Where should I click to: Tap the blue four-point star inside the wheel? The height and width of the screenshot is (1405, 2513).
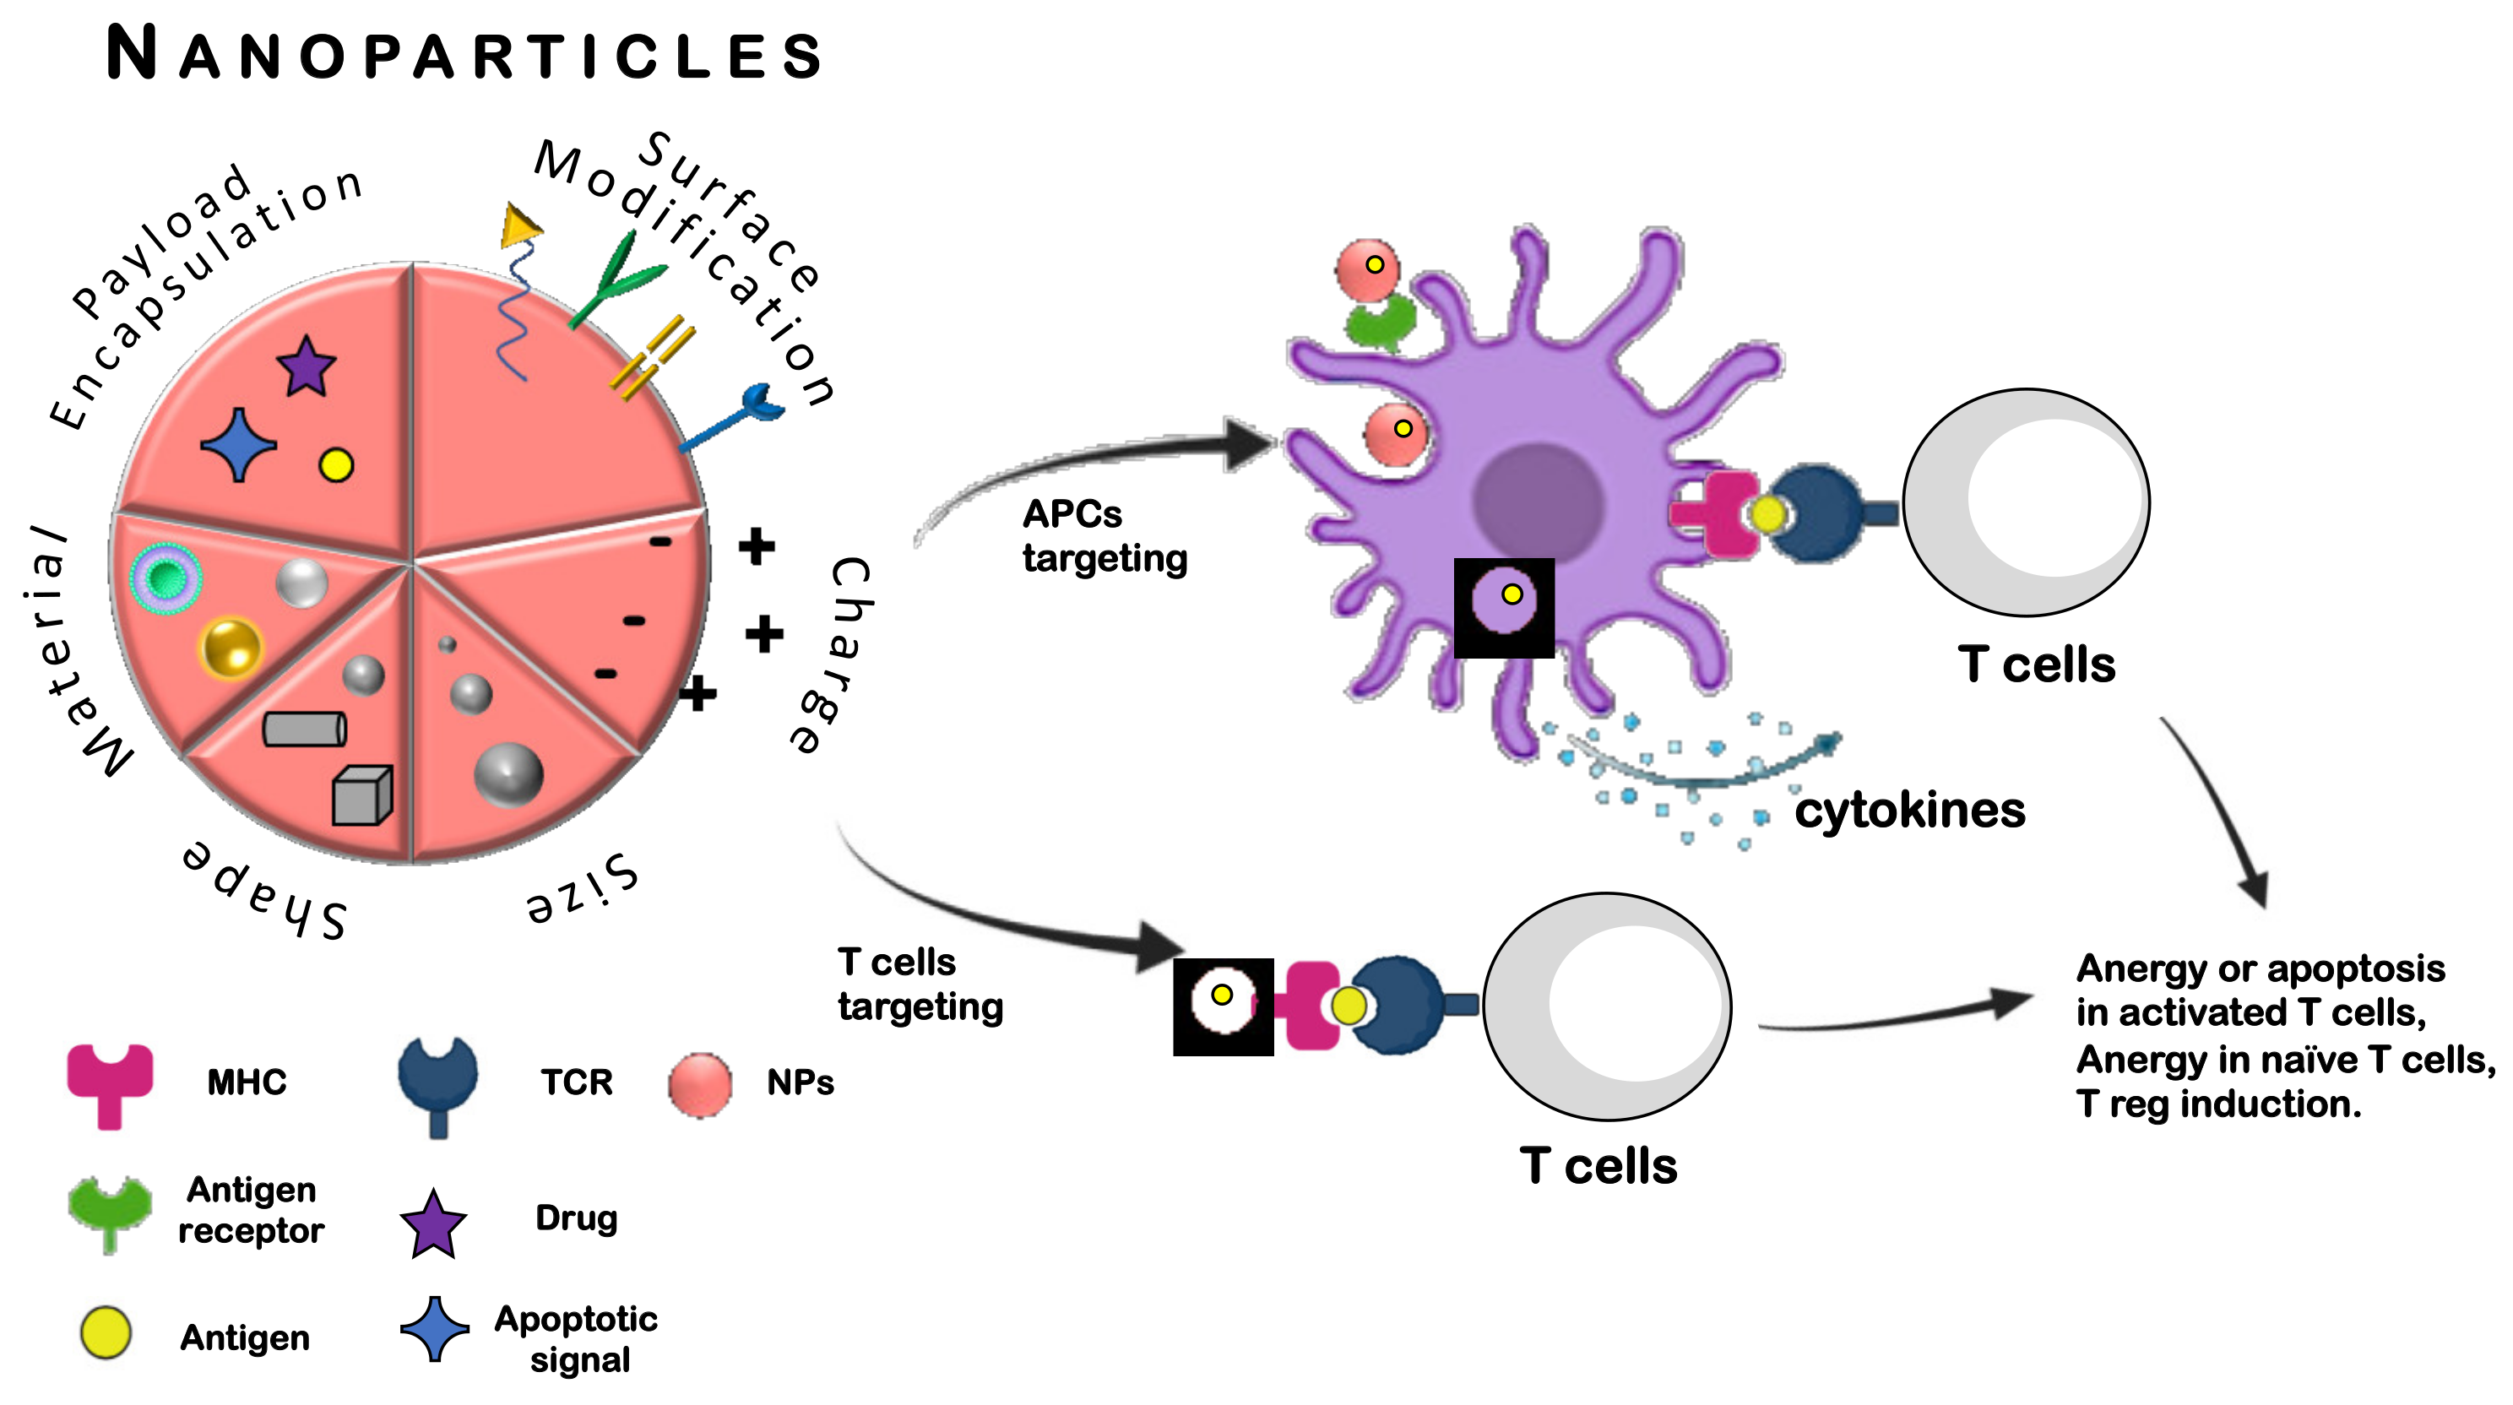click(238, 445)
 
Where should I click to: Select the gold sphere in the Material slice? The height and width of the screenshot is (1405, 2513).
click(231, 647)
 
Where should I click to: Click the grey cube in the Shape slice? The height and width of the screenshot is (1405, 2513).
click(362, 795)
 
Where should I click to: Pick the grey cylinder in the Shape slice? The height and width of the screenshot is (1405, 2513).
click(304, 729)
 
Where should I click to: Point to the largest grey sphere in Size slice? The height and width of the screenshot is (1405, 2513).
click(508, 775)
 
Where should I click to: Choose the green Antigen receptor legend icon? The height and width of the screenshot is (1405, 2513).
click(109, 1210)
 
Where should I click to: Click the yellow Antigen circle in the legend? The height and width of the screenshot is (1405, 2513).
click(106, 1334)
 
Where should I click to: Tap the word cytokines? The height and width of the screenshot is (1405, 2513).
click(1909, 810)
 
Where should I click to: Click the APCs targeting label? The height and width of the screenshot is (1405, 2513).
click(1105, 535)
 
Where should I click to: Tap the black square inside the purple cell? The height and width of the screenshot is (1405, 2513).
click(1503, 608)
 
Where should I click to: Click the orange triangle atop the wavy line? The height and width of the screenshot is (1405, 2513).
click(520, 226)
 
